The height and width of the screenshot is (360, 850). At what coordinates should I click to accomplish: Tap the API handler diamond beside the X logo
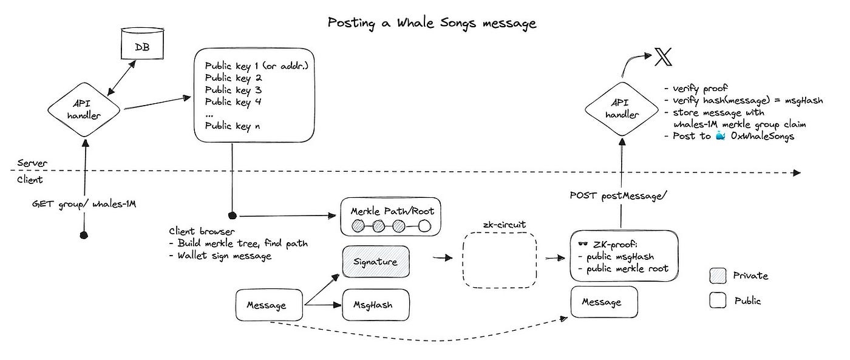coord(622,110)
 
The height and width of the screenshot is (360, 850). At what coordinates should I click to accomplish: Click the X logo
coord(664,58)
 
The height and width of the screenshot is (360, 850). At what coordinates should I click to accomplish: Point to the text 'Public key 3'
coord(233,90)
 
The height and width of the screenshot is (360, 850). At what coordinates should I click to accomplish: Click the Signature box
coord(375,262)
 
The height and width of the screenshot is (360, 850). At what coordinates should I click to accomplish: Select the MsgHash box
coord(375,305)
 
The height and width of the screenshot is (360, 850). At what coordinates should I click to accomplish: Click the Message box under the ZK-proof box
coord(604,302)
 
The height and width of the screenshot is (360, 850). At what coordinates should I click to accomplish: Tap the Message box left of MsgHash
coord(268,305)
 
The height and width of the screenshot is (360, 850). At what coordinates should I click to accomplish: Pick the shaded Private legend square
coord(718,276)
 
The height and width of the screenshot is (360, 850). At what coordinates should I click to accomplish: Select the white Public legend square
coord(718,300)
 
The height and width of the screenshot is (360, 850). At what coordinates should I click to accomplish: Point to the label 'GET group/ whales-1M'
coord(84,204)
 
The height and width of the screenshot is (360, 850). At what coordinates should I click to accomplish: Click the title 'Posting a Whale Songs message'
coord(432,23)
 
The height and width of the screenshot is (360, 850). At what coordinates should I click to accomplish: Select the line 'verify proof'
coord(702,89)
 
